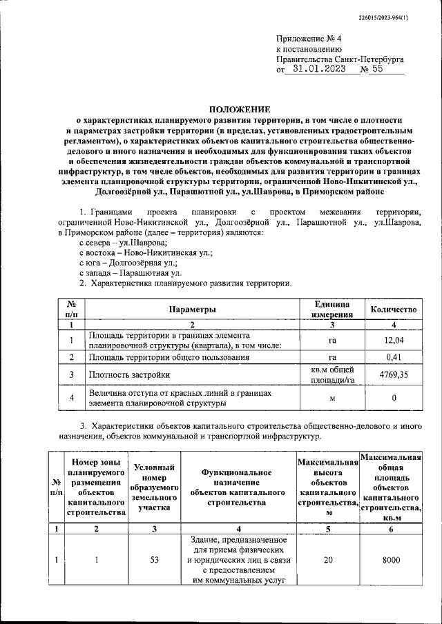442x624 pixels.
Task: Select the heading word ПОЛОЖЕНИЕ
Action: [240, 109]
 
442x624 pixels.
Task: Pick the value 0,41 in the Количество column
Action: [393, 357]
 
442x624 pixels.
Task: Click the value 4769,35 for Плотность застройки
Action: [393, 375]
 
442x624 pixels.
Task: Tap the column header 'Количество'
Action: [393, 310]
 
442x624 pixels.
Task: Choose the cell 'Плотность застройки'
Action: [129, 375]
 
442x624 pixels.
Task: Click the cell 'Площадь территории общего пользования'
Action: [169, 357]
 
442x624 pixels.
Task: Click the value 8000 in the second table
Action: [392, 561]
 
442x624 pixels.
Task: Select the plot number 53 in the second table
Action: [155, 561]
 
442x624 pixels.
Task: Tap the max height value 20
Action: [328, 561]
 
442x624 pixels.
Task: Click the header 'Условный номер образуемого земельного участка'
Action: [155, 488]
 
